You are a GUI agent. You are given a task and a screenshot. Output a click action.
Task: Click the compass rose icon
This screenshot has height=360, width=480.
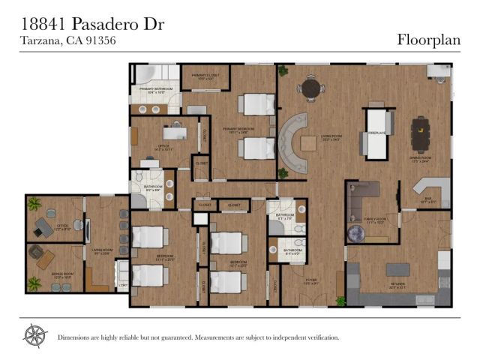point(34,334)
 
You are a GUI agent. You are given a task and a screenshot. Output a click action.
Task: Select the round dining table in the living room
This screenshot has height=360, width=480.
point(308,88)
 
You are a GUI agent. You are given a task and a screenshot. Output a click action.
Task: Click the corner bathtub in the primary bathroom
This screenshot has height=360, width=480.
point(144,76)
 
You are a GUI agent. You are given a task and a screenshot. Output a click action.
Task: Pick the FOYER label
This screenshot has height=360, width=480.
point(311,283)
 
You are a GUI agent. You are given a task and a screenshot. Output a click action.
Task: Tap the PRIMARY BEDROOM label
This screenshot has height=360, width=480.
point(240,130)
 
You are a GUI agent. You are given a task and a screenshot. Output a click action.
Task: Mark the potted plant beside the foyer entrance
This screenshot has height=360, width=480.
point(339,301)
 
